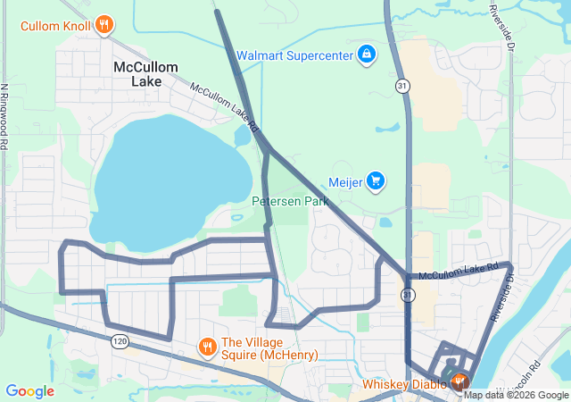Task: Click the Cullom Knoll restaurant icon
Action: tap(104, 24)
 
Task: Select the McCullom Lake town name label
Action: tap(145, 74)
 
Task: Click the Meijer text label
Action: tap(347, 182)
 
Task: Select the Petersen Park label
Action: tap(290, 201)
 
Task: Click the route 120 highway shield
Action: tap(120, 340)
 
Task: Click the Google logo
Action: tap(29, 390)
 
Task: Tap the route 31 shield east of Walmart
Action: tap(403, 85)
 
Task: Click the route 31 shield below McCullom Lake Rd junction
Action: tap(408, 295)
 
